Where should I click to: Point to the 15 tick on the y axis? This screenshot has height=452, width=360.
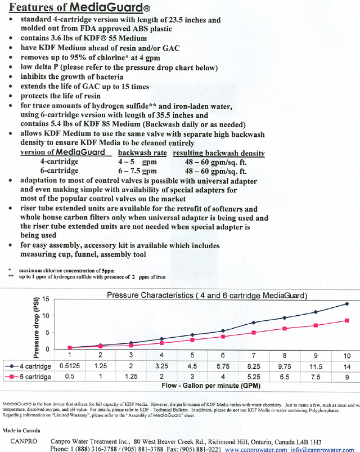coord(54,298)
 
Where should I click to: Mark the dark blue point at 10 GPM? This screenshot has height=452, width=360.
coord(346,304)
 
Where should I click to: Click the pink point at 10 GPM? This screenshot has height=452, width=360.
coord(346,321)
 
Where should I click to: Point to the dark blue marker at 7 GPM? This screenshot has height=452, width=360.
coord(254,323)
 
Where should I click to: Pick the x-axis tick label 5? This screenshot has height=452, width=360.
coord(192,355)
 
